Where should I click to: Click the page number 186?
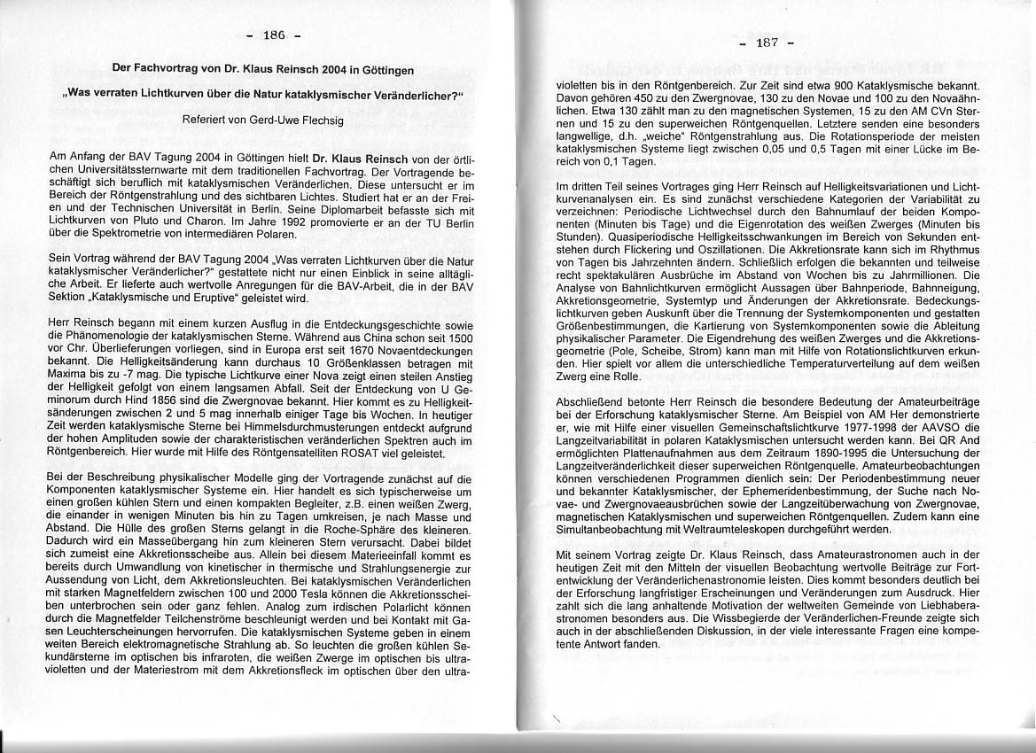[x=273, y=35]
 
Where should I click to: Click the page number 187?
[x=767, y=43]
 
